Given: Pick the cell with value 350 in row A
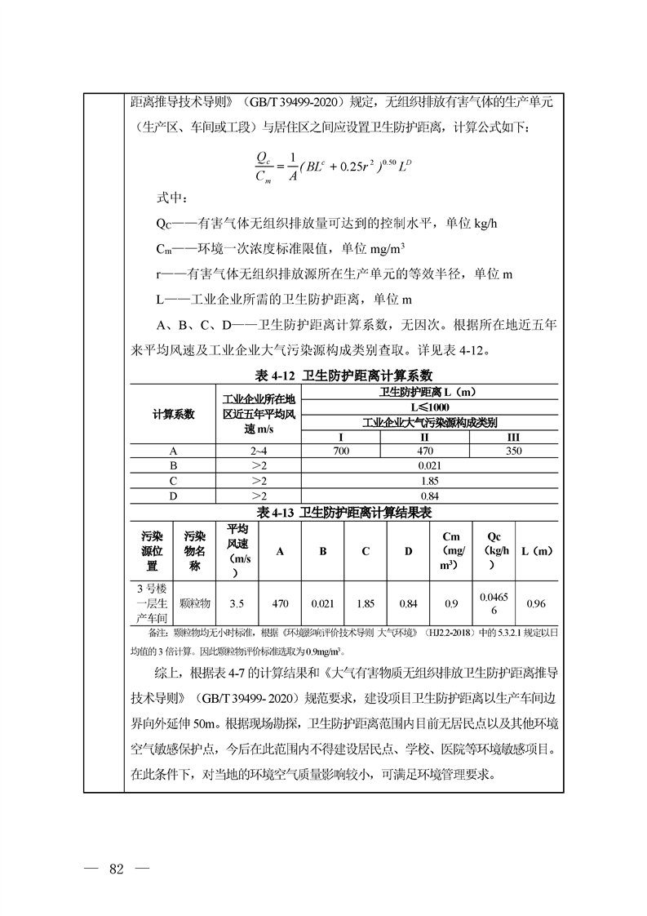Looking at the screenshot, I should (x=513, y=451).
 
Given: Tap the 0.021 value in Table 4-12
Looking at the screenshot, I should (x=429, y=465).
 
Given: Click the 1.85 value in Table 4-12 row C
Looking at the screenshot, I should (x=429, y=481).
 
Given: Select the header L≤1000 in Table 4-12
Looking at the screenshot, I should (x=429, y=407).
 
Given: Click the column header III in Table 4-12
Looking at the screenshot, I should (x=513, y=437).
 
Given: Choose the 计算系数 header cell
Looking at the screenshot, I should (x=173, y=414).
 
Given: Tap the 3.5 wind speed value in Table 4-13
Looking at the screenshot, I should (x=237, y=603).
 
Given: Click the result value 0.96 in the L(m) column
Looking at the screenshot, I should (x=536, y=603).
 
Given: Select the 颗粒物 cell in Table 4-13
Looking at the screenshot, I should (x=194, y=603).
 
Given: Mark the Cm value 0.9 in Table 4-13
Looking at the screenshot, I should (x=450, y=603).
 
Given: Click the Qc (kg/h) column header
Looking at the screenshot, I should (x=494, y=550).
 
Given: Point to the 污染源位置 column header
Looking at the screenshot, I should (x=152, y=550).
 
